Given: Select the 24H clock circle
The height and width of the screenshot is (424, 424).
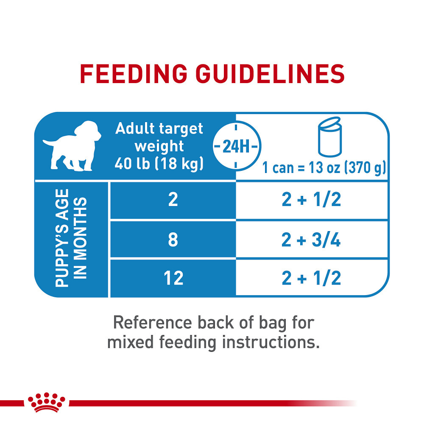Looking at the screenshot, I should tap(236, 146).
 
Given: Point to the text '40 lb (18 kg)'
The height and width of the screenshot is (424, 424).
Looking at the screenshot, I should tap(159, 164).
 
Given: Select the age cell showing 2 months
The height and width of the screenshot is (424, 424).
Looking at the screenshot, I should tap(173, 200).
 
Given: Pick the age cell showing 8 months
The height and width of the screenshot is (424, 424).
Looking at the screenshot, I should tap(173, 240).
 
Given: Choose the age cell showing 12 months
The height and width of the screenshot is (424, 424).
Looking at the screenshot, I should tap(173, 278).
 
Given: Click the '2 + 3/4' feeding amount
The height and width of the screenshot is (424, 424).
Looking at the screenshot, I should tap(312, 240).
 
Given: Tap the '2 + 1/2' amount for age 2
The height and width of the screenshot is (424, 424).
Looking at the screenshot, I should tap(312, 200).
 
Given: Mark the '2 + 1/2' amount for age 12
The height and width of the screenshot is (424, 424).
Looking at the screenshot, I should tap(312, 279).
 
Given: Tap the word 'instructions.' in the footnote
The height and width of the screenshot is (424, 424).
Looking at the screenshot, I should tap(270, 342).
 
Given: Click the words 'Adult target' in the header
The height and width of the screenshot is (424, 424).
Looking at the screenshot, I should tap(159, 128).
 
